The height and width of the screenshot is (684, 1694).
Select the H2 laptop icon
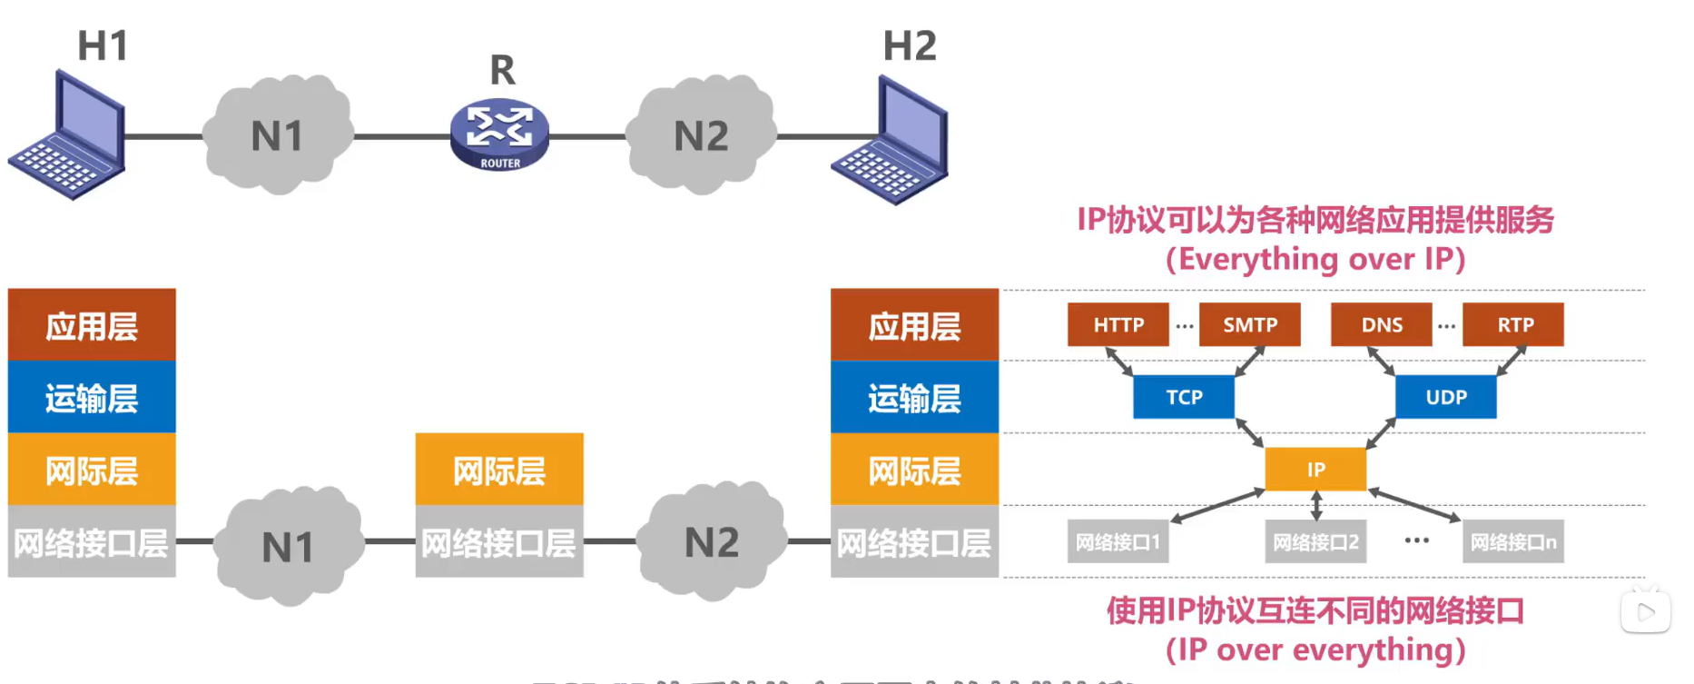[891, 141]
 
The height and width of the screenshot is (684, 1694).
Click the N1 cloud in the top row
[277, 135]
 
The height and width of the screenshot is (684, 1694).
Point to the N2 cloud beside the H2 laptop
[702, 135]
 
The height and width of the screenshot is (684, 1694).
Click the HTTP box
[1118, 324]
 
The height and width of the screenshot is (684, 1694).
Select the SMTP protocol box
[1249, 324]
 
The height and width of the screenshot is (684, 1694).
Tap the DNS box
[1381, 324]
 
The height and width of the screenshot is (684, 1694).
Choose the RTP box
[1513, 324]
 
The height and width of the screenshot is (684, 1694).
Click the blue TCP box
[1184, 397]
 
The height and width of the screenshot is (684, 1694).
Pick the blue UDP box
[1445, 397]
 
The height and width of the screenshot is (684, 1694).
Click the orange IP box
[1315, 469]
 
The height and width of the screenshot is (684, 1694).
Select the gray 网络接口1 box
[1118, 542]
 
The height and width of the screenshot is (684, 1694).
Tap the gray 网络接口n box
[1512, 542]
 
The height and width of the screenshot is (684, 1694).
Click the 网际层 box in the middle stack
[499, 470]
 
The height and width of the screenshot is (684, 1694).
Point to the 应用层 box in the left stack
[92, 325]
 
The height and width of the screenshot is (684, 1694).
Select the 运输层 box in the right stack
[914, 397]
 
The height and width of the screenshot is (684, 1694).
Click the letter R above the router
[502, 70]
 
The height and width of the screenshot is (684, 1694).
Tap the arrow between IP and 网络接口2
[1316, 505]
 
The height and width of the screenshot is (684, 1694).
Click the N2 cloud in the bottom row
[711, 542]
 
